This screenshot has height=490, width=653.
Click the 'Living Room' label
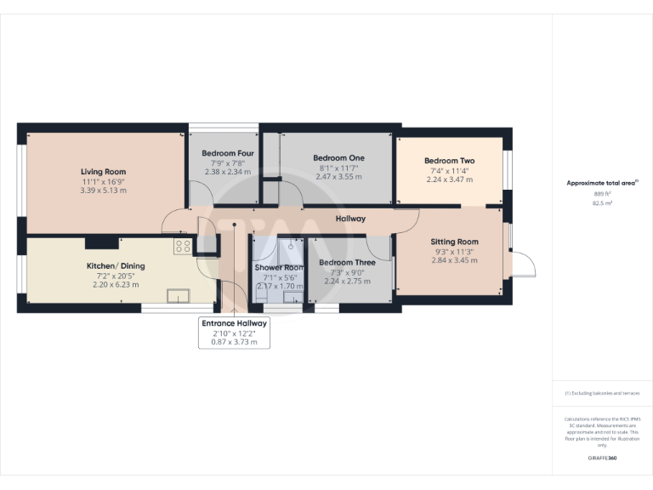[x=104, y=172]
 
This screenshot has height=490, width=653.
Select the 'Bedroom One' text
[x=338, y=158]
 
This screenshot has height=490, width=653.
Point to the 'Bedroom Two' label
[x=449, y=161]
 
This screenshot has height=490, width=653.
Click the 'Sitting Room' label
[x=454, y=242]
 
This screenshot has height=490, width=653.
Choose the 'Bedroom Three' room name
[x=347, y=263]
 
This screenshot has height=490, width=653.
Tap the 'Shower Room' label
[x=280, y=267]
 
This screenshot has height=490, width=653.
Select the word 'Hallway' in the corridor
[x=350, y=219]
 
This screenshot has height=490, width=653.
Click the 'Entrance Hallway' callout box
[x=234, y=333]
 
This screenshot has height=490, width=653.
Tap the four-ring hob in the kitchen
[x=183, y=246]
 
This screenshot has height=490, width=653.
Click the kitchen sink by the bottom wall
[x=179, y=296]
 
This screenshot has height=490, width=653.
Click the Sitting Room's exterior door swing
[x=522, y=265]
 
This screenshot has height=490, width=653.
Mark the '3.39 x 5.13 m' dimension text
[x=104, y=191]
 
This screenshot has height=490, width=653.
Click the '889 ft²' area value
[x=602, y=193]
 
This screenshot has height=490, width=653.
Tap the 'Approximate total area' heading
[x=600, y=183]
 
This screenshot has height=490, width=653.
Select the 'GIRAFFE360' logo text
[x=602, y=459]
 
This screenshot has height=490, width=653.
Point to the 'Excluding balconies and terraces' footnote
[x=602, y=393]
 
